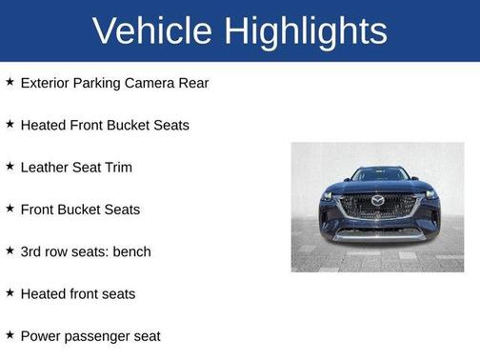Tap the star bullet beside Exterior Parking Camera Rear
point(10,82)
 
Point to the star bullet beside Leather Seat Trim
point(10,166)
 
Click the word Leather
point(46,167)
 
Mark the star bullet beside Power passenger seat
point(10,334)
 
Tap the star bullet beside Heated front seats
point(10,292)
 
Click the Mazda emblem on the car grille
point(377,202)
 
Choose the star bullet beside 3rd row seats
point(10,250)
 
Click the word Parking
point(100,83)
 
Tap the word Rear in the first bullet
point(191,83)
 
